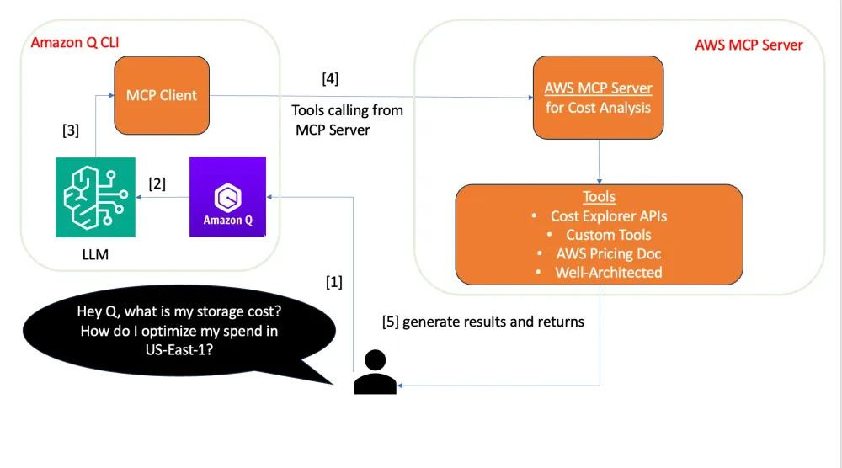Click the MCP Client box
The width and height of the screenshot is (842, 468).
(162, 95)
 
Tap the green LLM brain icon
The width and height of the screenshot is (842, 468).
(96, 197)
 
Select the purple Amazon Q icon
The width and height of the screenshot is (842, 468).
(227, 196)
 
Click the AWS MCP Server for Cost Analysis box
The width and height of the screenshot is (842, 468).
(598, 98)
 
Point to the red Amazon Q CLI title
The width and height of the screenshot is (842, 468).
(75, 42)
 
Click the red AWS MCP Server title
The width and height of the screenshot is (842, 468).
(749, 45)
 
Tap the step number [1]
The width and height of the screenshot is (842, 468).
(334, 282)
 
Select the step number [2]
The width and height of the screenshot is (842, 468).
(157, 183)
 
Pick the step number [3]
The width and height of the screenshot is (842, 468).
(71, 130)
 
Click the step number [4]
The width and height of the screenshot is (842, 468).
(330, 78)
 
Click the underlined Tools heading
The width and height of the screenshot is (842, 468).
(600, 196)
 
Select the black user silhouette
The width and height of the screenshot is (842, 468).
(375, 372)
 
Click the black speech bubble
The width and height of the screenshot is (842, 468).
(179, 331)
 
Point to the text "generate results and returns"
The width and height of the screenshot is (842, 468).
(493, 322)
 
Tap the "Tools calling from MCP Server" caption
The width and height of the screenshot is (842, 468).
(347, 120)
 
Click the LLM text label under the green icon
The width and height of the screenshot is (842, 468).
(95, 254)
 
